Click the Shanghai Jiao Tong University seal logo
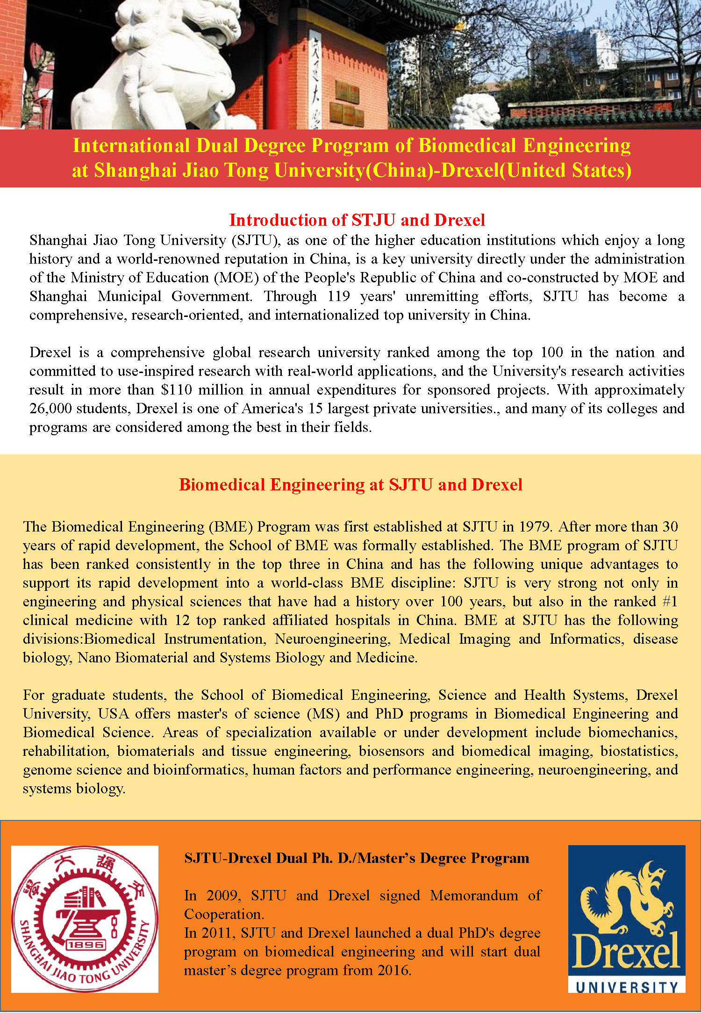[85, 919]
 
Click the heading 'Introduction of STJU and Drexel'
[357, 220]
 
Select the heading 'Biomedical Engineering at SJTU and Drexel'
[350, 484]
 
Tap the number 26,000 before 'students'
[50, 409]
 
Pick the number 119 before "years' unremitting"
[339, 296]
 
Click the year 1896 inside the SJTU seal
[86, 945]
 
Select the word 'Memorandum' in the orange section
[474, 895]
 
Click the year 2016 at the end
[394, 970]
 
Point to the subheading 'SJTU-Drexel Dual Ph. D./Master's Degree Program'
[357, 858]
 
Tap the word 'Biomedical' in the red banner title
[467, 145]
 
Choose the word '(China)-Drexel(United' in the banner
[467, 170]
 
